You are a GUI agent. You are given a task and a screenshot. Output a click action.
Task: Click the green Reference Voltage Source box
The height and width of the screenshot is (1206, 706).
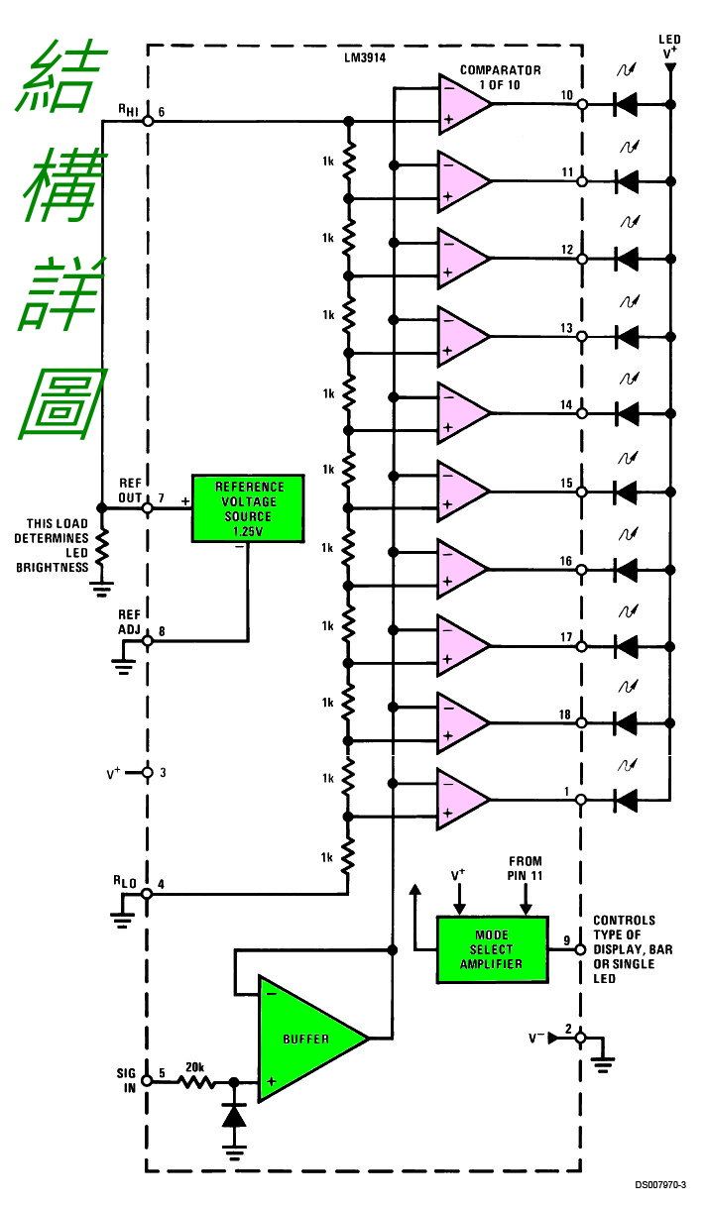click(x=248, y=507)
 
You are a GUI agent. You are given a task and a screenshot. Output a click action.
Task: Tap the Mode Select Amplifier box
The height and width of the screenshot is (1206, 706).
click(x=491, y=949)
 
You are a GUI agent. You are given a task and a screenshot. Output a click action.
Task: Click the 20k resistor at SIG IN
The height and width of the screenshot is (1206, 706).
click(x=195, y=1082)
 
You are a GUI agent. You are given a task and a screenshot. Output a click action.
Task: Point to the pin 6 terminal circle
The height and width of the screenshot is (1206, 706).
click(x=147, y=120)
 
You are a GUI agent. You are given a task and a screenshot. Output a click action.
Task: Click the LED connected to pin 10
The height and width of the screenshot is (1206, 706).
click(x=626, y=102)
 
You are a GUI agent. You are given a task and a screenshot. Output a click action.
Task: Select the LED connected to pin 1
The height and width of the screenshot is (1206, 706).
click(x=626, y=798)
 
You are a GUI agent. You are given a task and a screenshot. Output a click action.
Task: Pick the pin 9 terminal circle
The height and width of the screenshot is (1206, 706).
click(x=581, y=949)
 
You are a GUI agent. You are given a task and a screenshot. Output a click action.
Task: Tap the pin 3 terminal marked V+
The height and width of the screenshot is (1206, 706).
click(x=147, y=772)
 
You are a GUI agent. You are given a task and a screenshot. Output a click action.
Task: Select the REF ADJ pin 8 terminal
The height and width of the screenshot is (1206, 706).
click(x=147, y=640)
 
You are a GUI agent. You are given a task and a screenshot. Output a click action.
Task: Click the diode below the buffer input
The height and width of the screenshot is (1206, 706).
click(x=234, y=1115)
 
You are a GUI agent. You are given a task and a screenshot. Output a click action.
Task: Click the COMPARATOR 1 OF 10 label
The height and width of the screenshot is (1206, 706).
click(x=500, y=77)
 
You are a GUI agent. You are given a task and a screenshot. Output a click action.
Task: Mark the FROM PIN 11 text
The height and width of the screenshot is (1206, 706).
click(x=526, y=869)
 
